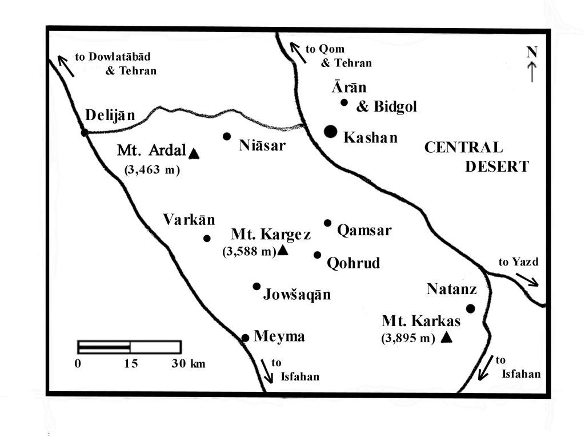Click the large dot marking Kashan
[330, 132]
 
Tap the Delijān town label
[110, 116]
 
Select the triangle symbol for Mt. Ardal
[194, 153]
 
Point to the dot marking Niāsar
[227, 136]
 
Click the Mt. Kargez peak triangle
[282, 251]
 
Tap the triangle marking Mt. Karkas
[447, 338]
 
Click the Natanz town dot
[470, 308]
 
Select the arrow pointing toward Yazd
[527, 279]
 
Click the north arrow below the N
[532, 72]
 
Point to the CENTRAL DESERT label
[476, 157]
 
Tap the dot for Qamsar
[327, 223]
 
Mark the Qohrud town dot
[318, 255]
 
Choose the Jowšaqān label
[297, 295]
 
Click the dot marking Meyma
[245, 338]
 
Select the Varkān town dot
[207, 239]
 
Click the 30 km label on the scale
[188, 364]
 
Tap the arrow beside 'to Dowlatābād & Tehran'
[65, 65]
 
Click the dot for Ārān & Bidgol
[344, 102]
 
